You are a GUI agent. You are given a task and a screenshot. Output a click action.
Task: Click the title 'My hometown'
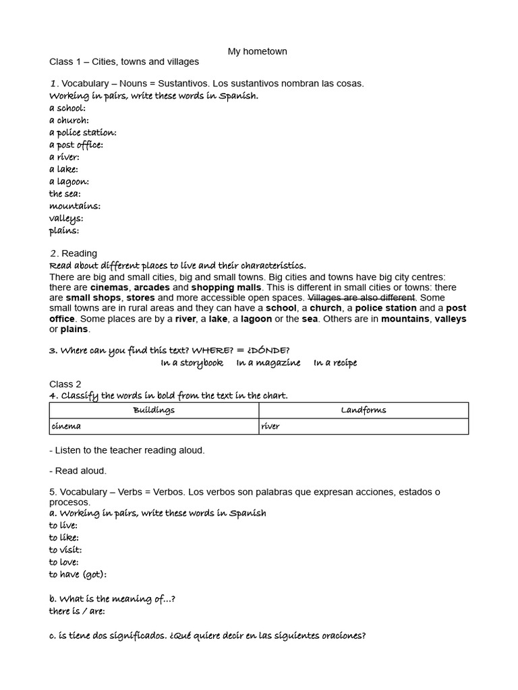coord(258,51)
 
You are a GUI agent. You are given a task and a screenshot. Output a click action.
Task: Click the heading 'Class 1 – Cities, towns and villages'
coord(124,62)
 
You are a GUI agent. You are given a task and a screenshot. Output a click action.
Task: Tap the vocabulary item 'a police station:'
coord(82,133)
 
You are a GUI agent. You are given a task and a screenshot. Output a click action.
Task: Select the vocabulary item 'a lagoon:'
coord(69,182)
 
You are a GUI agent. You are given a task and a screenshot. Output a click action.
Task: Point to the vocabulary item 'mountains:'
coord(74,206)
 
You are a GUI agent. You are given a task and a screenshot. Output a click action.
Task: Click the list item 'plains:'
coord(64,230)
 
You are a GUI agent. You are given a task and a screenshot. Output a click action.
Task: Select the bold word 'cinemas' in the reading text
coord(109,288)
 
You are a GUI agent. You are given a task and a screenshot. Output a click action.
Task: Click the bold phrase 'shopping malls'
coord(226,288)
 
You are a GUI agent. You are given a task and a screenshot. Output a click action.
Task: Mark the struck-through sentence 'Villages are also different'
coord(362,298)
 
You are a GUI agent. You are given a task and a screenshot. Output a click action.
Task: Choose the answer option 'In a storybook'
coord(192,363)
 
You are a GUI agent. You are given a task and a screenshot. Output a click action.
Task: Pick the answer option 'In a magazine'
coord(268,363)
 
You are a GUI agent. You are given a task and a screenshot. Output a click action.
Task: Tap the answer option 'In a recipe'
coord(335,363)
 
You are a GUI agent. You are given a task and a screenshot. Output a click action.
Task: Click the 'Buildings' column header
coord(154,410)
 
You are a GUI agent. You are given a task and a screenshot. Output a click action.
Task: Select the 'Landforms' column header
coord(364,410)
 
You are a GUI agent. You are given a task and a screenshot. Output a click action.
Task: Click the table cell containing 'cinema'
coord(154,427)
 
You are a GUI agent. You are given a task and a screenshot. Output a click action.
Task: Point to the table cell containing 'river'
coord(364,427)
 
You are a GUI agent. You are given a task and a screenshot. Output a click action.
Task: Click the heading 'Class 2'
coord(65,384)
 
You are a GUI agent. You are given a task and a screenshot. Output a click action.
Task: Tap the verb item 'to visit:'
coord(65,550)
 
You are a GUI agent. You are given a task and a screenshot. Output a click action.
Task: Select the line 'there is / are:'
coord(77,611)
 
